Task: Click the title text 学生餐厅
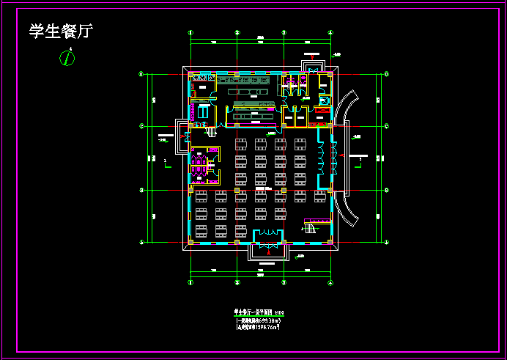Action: click(x=61, y=31)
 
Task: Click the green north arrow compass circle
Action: click(x=67, y=59)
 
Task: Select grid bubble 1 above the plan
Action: click(x=190, y=32)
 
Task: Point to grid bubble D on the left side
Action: click(x=141, y=73)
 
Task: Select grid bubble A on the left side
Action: click(x=141, y=241)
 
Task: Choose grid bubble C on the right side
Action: click(x=386, y=125)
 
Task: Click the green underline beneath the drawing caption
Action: click(x=258, y=316)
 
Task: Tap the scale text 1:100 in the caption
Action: click(x=278, y=312)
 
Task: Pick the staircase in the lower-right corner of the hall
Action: click(x=310, y=227)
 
